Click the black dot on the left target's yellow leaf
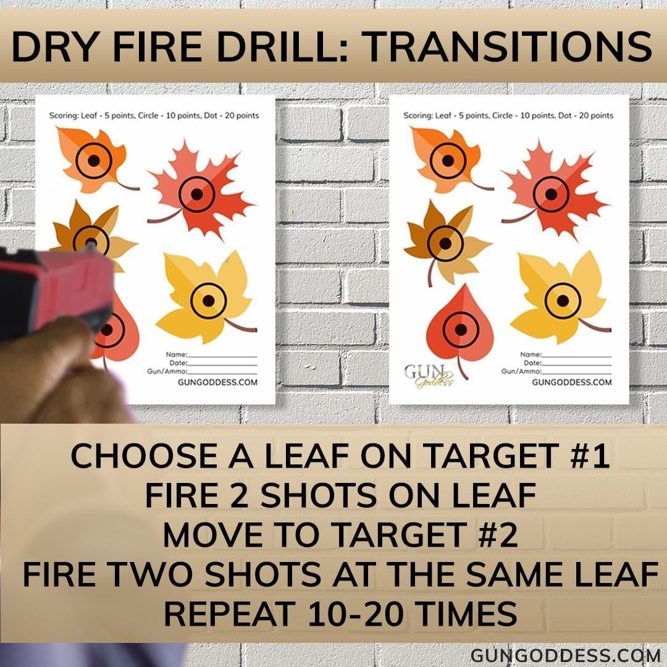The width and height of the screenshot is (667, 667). pos(209,301)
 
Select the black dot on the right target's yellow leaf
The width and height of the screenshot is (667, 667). pos(563,301)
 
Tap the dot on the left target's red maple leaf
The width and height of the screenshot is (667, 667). pos(196,195)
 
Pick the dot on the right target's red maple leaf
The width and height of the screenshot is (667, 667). pos(551,195)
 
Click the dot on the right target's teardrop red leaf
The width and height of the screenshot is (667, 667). pos(461,330)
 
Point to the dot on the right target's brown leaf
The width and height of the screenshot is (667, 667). pos(445,243)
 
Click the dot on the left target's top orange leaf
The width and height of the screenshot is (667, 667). pos(94,161)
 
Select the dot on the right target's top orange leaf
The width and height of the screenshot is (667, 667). pos(448,161)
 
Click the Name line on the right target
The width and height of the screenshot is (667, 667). pos(576,356)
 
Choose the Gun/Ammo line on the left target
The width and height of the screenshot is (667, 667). pos(222,374)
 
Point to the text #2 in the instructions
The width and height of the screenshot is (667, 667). pos(498,535)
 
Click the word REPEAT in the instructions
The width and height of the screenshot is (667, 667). pos(230,614)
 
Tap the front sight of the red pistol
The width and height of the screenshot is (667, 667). pos(90,245)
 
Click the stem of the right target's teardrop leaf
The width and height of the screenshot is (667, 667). pos(462,368)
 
